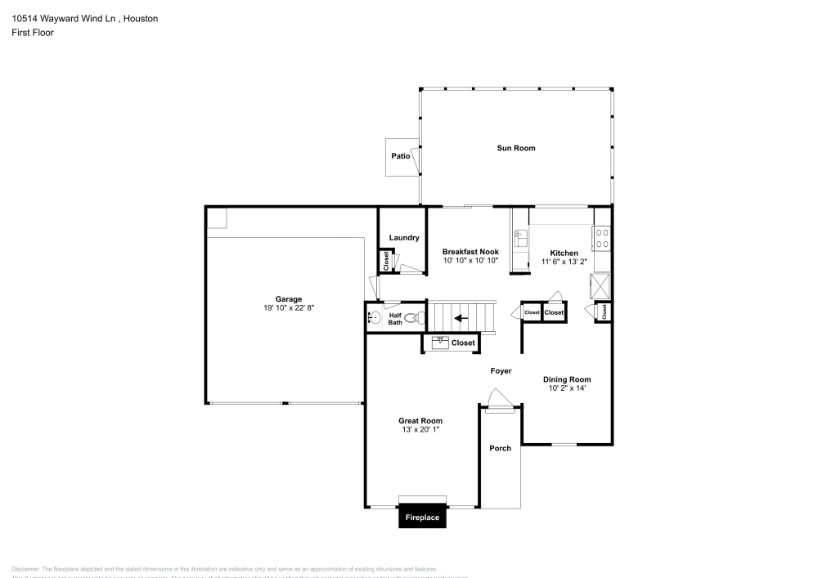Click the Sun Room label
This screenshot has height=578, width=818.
pyautogui.click(x=516, y=148)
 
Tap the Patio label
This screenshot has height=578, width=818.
pyautogui.click(x=400, y=155)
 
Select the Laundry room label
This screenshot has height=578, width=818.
pyautogui.click(x=404, y=238)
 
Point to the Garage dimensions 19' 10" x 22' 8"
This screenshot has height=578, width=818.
pyautogui.click(x=289, y=308)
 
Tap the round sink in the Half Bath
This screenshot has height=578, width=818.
pyautogui.click(x=374, y=318)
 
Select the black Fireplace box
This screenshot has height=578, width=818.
pyautogui.click(x=423, y=518)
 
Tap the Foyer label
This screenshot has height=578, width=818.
pyautogui.click(x=501, y=371)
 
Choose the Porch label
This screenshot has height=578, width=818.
pyautogui.click(x=500, y=448)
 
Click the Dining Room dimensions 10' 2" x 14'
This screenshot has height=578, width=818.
pyautogui.click(x=567, y=388)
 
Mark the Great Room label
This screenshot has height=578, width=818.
pyautogui.click(x=420, y=421)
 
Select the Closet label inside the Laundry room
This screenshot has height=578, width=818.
pyautogui.click(x=386, y=261)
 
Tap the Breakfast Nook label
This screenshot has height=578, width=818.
pyautogui.click(x=470, y=252)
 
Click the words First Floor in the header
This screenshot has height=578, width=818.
pyautogui.click(x=33, y=33)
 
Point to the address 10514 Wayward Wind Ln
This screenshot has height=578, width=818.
pyautogui.click(x=57, y=18)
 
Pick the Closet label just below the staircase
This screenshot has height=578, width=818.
pyautogui.click(x=462, y=343)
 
